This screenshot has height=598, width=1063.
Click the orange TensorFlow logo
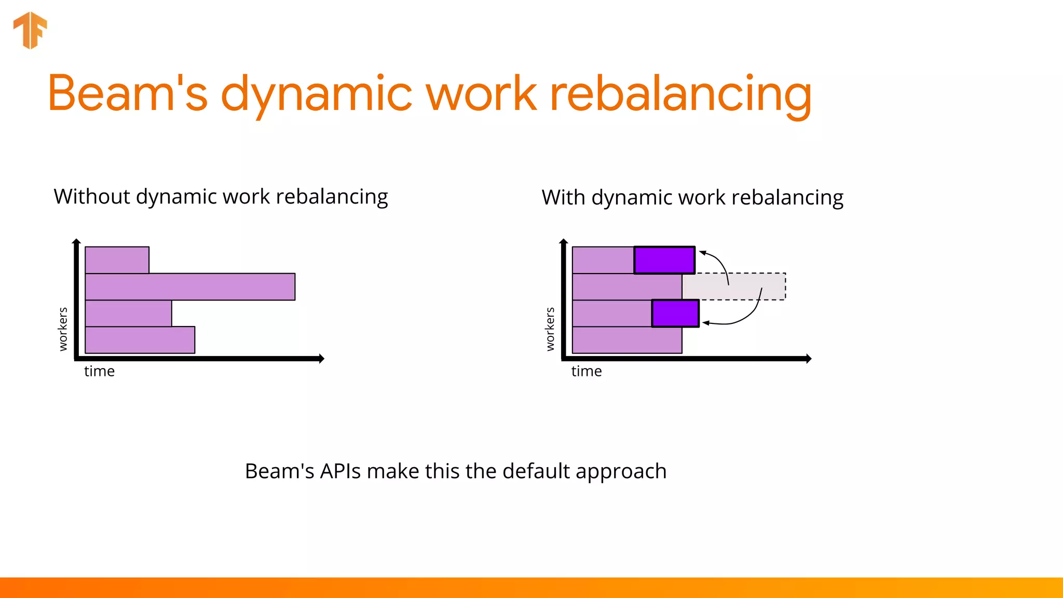coord(30,30)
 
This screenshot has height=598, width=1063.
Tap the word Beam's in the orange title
coord(128,93)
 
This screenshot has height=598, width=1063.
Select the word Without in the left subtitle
coord(92,197)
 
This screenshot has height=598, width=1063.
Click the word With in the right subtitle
coord(563,198)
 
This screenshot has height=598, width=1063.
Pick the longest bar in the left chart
coord(190,287)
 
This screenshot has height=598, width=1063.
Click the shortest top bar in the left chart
coord(117,260)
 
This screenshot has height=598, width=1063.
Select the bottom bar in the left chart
coord(140,340)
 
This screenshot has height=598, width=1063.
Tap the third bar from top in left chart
coord(128,314)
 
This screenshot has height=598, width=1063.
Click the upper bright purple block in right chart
coord(664,260)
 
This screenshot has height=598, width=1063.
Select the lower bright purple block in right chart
coord(675,314)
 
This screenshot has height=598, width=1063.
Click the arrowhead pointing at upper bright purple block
coord(702,253)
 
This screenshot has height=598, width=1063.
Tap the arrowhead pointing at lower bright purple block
coord(706,323)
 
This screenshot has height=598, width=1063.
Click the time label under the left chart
coord(99,371)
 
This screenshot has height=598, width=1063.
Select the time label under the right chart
coord(587,371)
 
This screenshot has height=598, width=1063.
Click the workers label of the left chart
coord(63,329)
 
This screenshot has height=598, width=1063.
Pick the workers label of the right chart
coord(550,329)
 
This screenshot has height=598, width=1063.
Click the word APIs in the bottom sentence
coord(340,471)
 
